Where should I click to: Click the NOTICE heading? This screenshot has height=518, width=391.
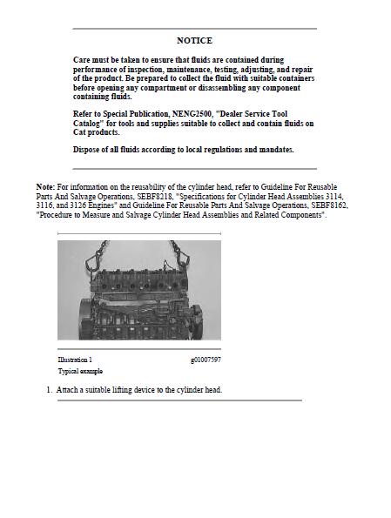pos(194,41)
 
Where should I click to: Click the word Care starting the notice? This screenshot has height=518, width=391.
pos(82,60)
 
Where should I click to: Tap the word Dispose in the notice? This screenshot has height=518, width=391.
pos(88,150)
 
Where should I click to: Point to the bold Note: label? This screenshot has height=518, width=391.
pos(45,187)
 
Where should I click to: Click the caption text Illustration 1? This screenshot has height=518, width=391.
pos(75,360)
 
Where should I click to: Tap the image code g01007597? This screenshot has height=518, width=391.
pos(206,360)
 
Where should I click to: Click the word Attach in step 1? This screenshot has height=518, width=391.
pos(67,390)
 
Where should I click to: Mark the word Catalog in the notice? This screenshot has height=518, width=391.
pos(91,124)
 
